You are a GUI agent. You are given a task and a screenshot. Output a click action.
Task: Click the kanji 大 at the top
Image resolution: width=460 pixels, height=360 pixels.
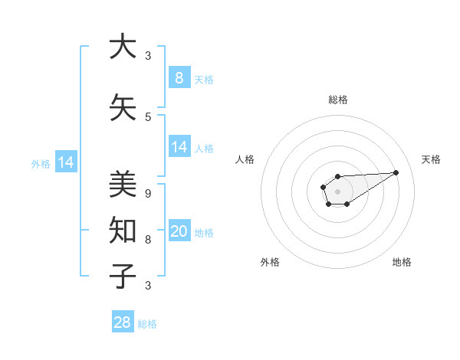[123, 47]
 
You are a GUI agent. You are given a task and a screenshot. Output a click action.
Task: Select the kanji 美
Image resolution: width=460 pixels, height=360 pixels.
[123, 185]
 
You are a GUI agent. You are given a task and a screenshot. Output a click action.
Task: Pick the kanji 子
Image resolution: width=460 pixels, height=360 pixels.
[123, 276]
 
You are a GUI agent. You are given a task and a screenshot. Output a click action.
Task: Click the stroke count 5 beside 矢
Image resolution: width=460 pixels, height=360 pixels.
[148, 116]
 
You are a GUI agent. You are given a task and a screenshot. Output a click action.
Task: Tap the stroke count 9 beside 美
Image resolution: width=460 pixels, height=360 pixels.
[148, 193]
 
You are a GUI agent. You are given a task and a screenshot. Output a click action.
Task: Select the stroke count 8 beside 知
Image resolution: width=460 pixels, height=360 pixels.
[148, 239]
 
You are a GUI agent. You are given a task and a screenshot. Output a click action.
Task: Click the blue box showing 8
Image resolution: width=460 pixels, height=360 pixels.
[179, 77]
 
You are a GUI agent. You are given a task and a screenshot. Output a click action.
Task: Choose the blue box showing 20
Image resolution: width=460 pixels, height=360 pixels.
[179, 231]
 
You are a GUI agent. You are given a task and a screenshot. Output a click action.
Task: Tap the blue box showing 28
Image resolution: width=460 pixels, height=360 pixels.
[122, 322]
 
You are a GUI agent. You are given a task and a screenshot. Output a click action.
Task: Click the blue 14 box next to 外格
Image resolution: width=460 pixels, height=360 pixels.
[65, 162]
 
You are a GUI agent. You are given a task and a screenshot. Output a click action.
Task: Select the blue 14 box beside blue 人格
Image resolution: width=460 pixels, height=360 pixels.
[179, 146]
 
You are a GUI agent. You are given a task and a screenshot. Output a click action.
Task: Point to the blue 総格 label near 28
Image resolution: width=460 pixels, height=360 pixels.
[147, 324]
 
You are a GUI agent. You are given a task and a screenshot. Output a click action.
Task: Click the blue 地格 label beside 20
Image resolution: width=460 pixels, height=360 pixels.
[204, 233]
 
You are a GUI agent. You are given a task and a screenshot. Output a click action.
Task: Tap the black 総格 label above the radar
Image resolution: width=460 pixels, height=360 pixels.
[337, 100]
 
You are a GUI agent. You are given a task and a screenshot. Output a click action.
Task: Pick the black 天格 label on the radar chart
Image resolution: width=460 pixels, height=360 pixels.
[431, 159]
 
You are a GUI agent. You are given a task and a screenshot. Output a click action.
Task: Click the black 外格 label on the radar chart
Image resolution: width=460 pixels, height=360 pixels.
[270, 262]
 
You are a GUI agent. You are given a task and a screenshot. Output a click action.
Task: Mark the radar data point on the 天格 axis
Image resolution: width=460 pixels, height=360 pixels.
[396, 172]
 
